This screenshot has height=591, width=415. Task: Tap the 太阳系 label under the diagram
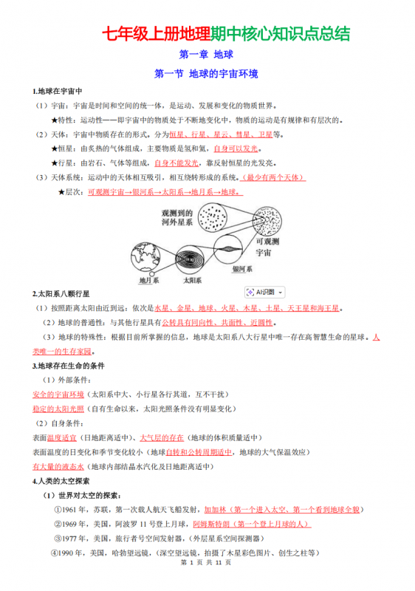click(x=192, y=281)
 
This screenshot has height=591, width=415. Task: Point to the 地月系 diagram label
click(x=149, y=281)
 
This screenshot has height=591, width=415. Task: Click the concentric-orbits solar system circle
click(x=192, y=255)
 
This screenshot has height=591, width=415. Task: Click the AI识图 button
click(x=264, y=293)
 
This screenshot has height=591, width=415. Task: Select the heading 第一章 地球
click(x=207, y=54)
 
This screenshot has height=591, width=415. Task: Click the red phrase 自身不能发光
click(x=176, y=163)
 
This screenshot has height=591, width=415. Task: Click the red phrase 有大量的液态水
click(x=58, y=466)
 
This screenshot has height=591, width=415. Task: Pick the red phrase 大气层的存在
click(x=162, y=437)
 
